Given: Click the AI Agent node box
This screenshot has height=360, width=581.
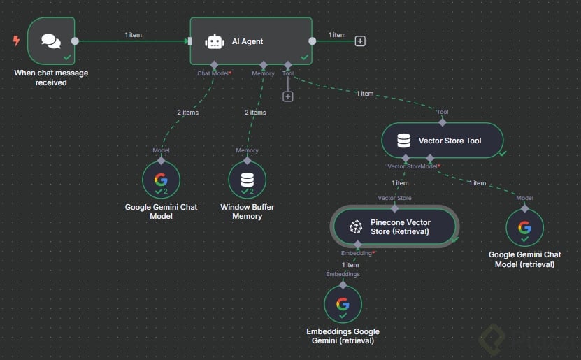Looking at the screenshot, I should pyautogui.click(x=251, y=41).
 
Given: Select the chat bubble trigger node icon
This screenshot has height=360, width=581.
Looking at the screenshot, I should pyautogui.click(x=50, y=41).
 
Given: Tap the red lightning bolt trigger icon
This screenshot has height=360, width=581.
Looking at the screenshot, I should pyautogui.click(x=16, y=41).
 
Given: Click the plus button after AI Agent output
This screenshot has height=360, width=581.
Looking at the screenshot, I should pyautogui.click(x=360, y=41).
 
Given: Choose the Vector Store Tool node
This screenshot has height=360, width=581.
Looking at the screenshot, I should pyautogui.click(x=442, y=141).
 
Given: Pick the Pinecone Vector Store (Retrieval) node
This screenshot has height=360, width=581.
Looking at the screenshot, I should pyautogui.click(x=395, y=226).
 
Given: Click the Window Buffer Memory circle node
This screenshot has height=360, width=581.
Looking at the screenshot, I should pyautogui.click(x=247, y=180).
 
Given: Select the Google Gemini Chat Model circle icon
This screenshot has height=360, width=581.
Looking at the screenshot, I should pyautogui.click(x=161, y=180).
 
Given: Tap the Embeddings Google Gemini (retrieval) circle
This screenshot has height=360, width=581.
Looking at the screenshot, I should pyautogui.click(x=343, y=304).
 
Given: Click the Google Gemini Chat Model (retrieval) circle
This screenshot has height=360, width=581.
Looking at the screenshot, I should pyautogui.click(x=524, y=227).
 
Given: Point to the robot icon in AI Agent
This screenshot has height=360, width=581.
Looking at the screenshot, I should pyautogui.click(x=215, y=42).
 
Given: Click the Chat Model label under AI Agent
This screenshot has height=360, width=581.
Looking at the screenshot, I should pyautogui.click(x=213, y=73).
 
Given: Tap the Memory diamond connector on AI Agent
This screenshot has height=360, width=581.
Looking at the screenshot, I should pyautogui.click(x=263, y=65).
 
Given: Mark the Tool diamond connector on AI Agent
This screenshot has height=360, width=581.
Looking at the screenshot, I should pyautogui.click(x=288, y=65).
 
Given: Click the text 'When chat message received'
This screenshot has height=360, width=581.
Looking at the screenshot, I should pyautogui.click(x=51, y=78).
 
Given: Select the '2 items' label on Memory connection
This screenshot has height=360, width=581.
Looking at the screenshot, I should pyautogui.click(x=255, y=113).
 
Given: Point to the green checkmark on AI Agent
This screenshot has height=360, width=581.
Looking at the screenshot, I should pyautogui.click(x=304, y=57).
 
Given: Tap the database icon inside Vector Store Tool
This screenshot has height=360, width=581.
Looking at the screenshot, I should pyautogui.click(x=403, y=141).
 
